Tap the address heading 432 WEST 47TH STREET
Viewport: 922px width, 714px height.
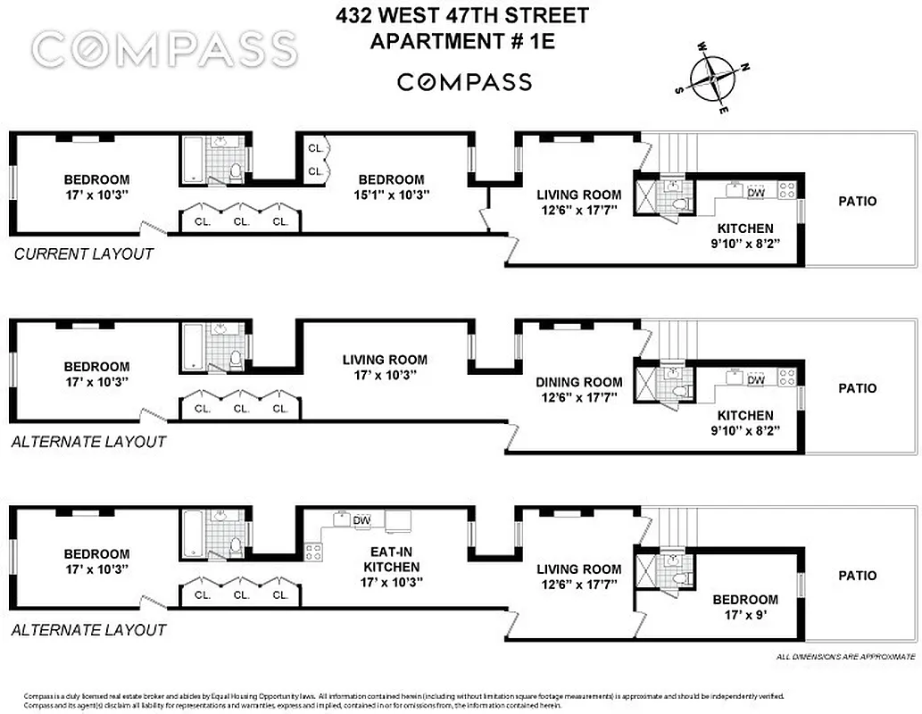click(x=462, y=16)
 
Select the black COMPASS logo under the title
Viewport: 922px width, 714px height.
click(x=463, y=83)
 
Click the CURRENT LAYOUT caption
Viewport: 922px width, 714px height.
click(x=84, y=253)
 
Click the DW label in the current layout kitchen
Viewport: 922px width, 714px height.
click(x=755, y=192)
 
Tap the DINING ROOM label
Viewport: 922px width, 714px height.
click(x=578, y=382)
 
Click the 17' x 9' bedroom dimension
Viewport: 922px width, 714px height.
click(x=744, y=616)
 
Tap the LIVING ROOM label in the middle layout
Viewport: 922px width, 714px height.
click(x=385, y=360)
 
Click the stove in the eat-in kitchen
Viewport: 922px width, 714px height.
click(x=312, y=552)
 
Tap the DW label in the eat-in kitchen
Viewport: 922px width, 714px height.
click(x=361, y=520)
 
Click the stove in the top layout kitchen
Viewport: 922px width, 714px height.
click(x=787, y=189)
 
